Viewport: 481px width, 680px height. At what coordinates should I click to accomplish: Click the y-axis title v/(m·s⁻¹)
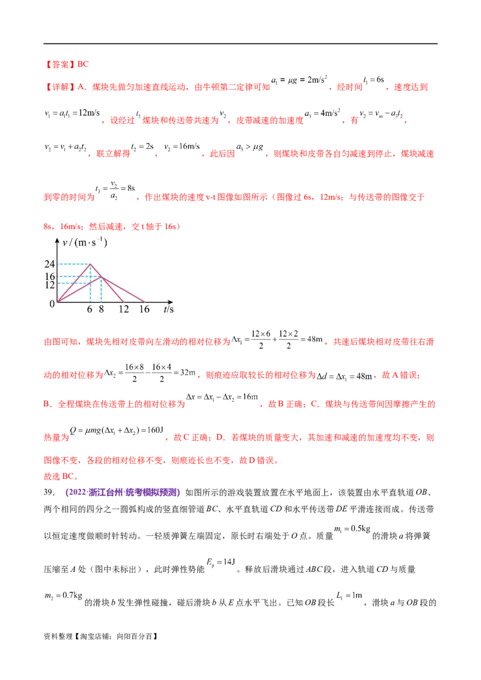pyautogui.click(x=85, y=243)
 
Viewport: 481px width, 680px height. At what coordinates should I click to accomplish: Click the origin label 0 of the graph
pyautogui.click(x=52, y=304)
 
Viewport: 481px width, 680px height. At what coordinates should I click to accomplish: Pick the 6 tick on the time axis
pyautogui.click(x=90, y=309)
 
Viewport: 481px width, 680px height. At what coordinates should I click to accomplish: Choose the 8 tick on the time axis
pyautogui.click(x=101, y=309)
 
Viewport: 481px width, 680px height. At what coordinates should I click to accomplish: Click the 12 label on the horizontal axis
pyautogui.click(x=123, y=309)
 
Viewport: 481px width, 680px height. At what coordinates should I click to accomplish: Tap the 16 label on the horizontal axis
pyautogui.click(x=144, y=309)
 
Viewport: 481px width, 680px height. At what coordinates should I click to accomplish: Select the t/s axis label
pyautogui.click(x=168, y=309)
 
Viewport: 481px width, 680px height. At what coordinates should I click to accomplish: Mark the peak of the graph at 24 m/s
pyautogui.click(x=90, y=264)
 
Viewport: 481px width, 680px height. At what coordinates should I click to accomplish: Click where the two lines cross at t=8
pyautogui.click(x=101, y=276)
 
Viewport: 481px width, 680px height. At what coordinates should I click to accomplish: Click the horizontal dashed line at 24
pyautogui.click(x=74, y=264)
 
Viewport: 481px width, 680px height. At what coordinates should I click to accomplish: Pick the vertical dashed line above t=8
pyautogui.click(x=101, y=290)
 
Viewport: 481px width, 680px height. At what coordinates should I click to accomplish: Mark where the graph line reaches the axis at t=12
pyautogui.click(x=123, y=301)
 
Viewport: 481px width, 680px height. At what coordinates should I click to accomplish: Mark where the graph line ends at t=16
pyautogui.click(x=145, y=301)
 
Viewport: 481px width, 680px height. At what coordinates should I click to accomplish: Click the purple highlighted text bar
pyautogui.click(x=123, y=493)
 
